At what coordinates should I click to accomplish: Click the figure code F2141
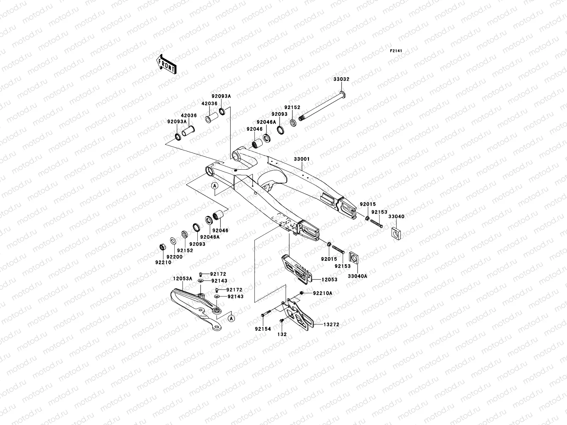(396, 51)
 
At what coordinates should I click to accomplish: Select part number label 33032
(341, 79)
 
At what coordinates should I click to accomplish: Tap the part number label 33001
(302, 159)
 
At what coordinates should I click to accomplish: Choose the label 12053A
(183, 279)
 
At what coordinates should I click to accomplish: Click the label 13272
(331, 324)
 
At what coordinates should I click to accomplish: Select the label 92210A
(322, 293)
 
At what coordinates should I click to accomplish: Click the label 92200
(174, 257)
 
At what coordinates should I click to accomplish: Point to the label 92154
(263, 329)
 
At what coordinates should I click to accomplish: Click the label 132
(282, 334)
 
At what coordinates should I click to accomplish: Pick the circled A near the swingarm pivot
(215, 186)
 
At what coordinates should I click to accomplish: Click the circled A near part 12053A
(231, 318)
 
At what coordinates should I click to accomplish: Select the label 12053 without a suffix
(329, 279)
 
